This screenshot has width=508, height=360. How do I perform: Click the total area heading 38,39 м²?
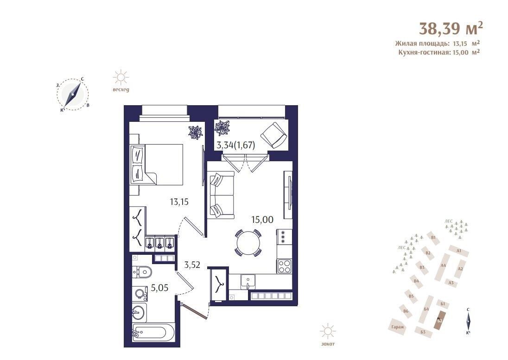(x=451, y=28)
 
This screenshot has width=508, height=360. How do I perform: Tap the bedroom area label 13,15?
(x=179, y=202)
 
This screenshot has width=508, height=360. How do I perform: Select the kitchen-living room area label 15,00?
(x=262, y=220)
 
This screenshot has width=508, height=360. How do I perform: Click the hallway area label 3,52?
(x=192, y=265)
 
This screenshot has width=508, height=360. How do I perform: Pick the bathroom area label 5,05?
(x=160, y=287)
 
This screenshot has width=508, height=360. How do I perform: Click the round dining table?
(x=248, y=242)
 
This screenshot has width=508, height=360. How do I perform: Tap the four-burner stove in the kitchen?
(x=284, y=266)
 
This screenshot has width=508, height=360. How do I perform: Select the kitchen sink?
(x=248, y=281)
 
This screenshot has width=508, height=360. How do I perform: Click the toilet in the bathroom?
(x=142, y=272)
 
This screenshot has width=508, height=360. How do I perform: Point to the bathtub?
(x=153, y=332)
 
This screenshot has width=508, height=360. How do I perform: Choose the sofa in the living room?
(x=221, y=195)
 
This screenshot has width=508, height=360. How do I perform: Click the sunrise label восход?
(x=121, y=90)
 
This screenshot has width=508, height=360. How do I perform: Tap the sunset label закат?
(x=328, y=344)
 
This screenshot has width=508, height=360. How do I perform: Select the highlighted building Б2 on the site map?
(x=440, y=320)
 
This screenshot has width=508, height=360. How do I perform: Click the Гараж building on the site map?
(x=398, y=327)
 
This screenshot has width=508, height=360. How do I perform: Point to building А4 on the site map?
(x=443, y=265)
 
